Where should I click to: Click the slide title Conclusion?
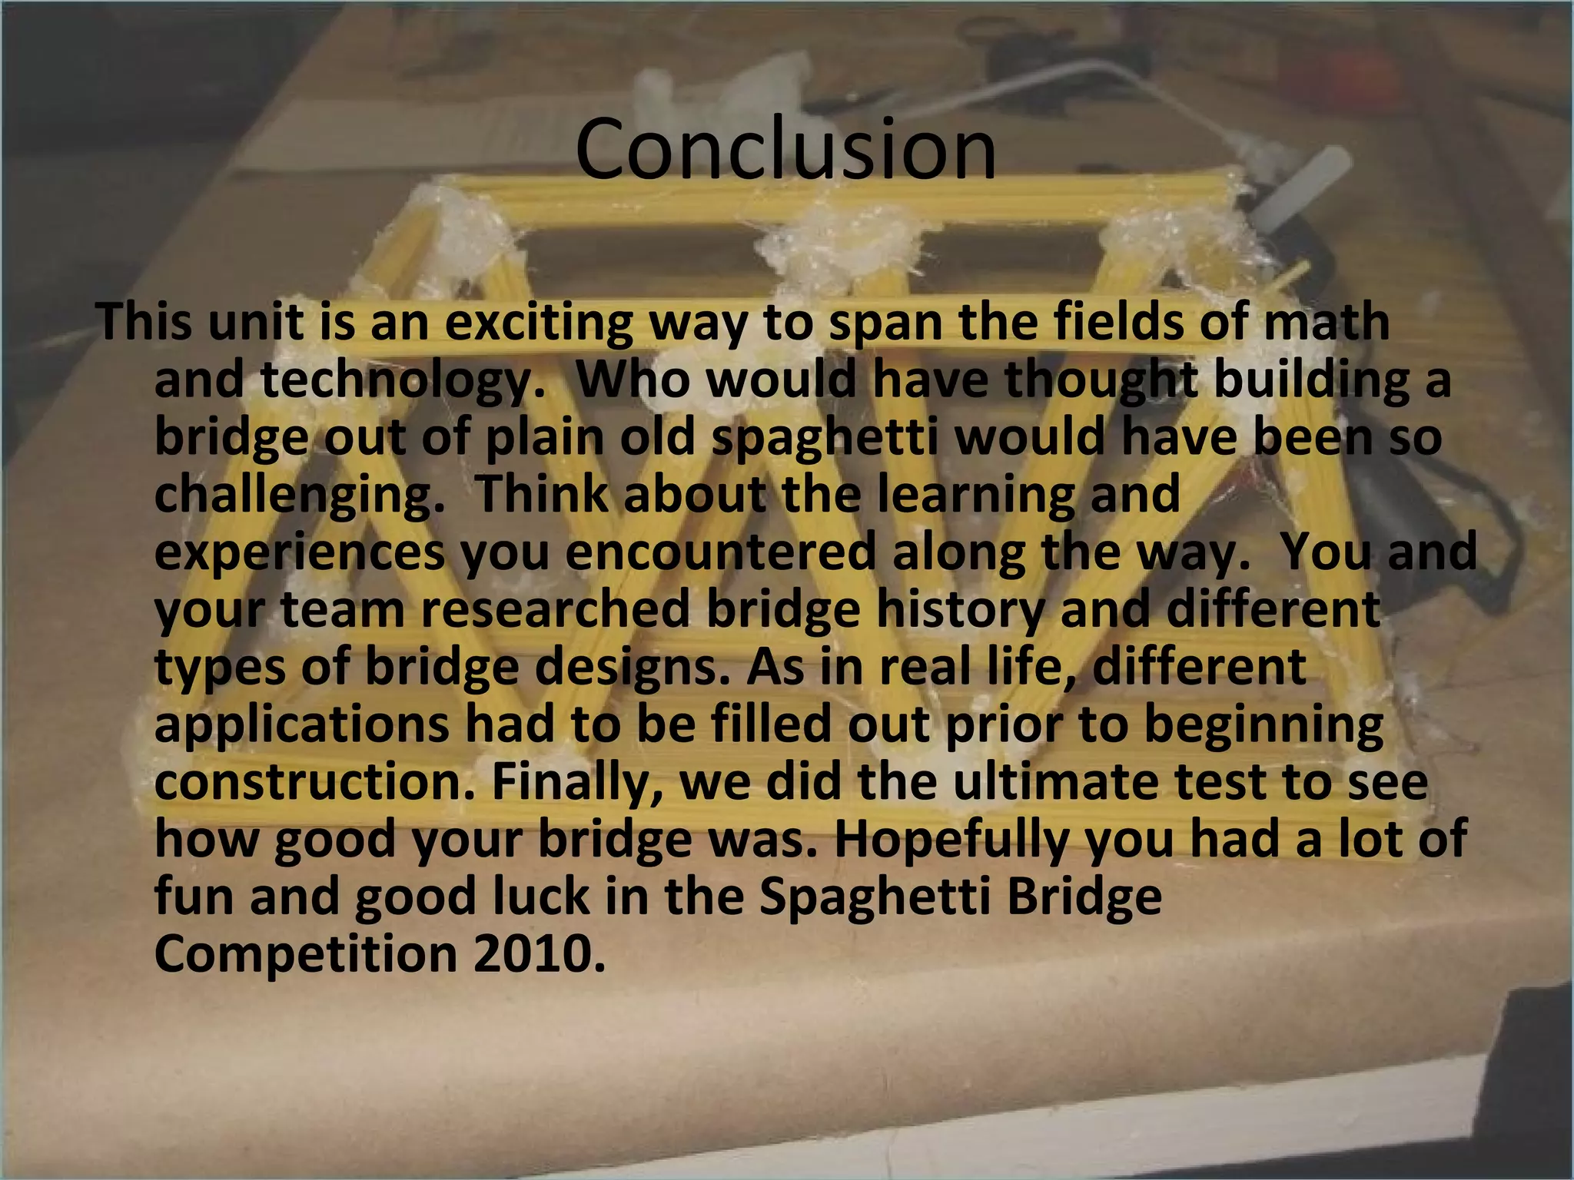[785, 149]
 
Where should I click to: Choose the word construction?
[315, 782]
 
